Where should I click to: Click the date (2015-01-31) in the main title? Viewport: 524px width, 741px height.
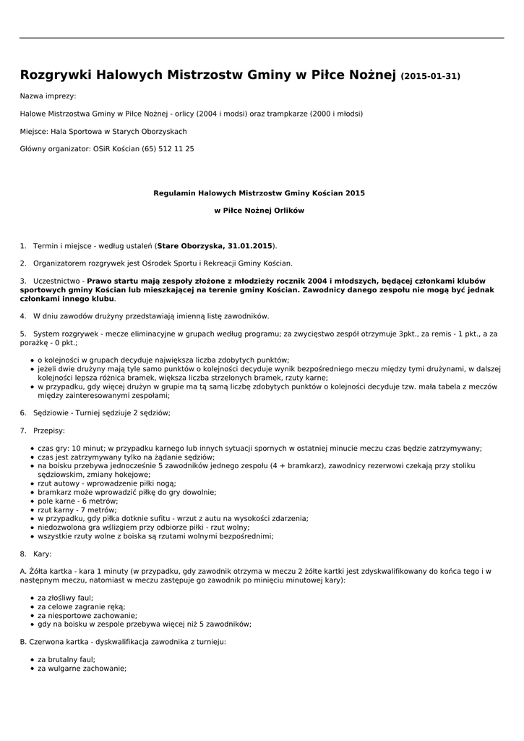click(x=430, y=76)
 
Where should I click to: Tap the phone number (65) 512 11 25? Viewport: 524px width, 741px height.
click(x=168, y=149)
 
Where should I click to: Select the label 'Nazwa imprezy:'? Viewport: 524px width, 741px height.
click(x=48, y=96)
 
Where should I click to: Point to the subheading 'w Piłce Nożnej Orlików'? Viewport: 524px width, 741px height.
click(x=259, y=211)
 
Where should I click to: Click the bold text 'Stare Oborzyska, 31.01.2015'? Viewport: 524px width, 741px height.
click(x=215, y=246)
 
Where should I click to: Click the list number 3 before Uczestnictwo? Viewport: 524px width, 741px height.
click(x=23, y=281)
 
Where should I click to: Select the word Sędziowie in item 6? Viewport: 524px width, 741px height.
click(x=51, y=412)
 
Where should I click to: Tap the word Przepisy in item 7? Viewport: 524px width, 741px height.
click(x=48, y=431)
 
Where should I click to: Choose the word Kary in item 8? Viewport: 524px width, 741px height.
click(x=42, y=554)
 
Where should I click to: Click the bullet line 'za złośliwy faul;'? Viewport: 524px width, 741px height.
click(x=65, y=598)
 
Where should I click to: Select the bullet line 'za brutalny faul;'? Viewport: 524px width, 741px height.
click(x=66, y=660)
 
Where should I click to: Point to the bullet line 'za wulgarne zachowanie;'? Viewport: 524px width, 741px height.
click(x=82, y=669)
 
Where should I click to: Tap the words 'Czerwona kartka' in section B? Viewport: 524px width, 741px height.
click(x=59, y=642)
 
